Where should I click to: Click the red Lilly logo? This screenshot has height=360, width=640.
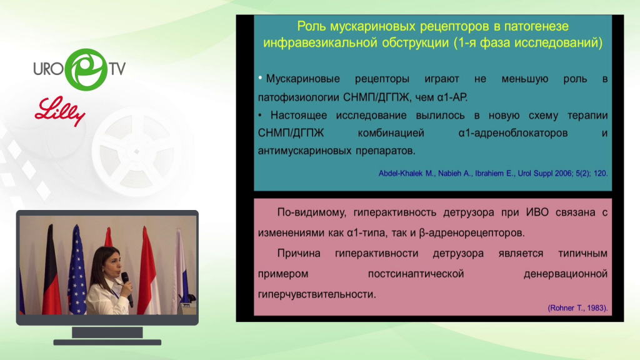pyautogui.click(x=60, y=111)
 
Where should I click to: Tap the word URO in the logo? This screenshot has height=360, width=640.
pyautogui.click(x=48, y=69)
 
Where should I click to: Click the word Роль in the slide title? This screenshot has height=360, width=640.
pyautogui.click(x=312, y=26)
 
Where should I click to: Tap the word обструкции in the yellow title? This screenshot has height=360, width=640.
pyautogui.click(x=415, y=43)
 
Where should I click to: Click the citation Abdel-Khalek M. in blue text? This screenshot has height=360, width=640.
pyautogui.click(x=406, y=174)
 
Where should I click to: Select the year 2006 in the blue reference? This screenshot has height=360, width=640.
pyautogui.click(x=563, y=174)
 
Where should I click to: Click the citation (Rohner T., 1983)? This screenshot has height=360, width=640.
pyautogui.click(x=577, y=308)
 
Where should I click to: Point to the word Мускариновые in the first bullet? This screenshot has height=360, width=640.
pyautogui.click(x=303, y=79)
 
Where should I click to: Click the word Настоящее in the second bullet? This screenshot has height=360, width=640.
pyautogui.click(x=298, y=116)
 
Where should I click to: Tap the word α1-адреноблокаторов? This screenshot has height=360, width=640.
pyautogui.click(x=513, y=133)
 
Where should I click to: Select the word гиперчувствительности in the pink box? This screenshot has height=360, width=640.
pyautogui.click(x=317, y=294)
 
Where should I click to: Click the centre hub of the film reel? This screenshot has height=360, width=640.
pyautogui.click(x=137, y=151)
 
